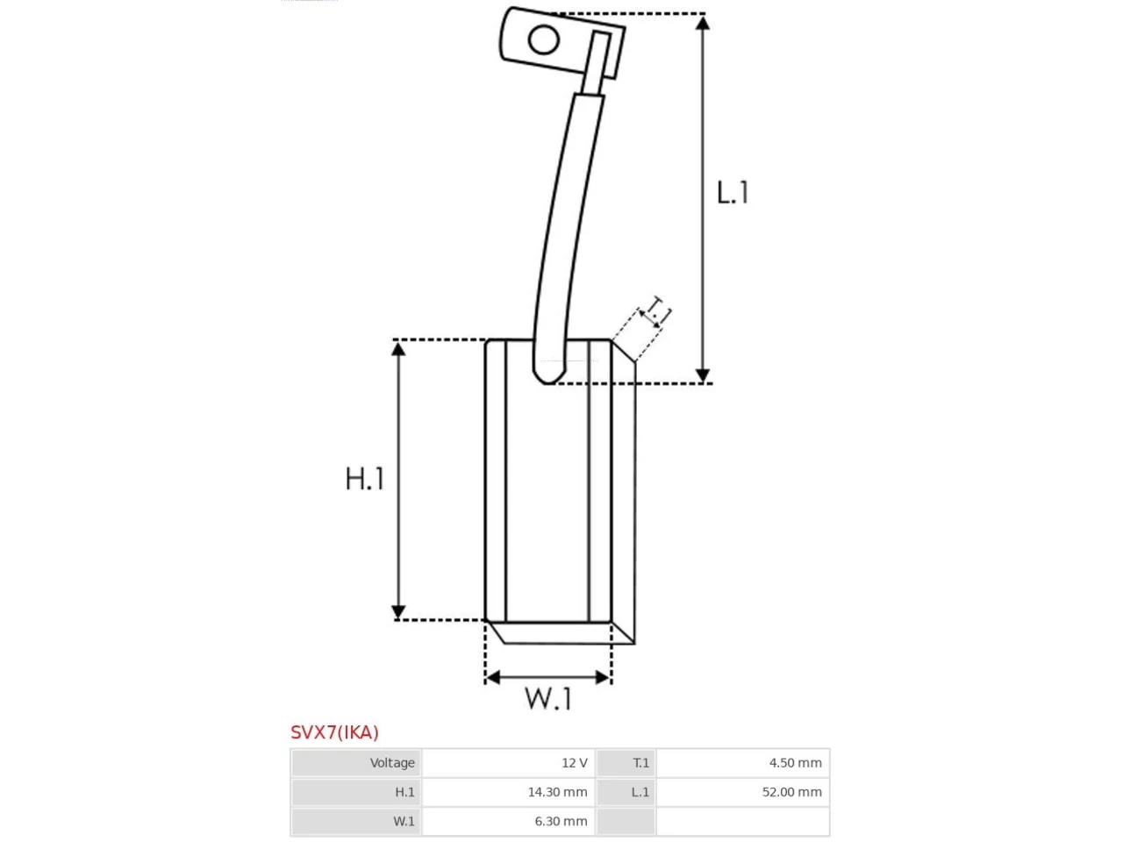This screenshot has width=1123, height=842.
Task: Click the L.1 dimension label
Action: pyautogui.click(x=732, y=193)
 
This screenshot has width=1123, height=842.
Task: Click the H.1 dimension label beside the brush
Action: pyautogui.click(x=364, y=479)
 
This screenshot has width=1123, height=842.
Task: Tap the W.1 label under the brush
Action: pyautogui.click(x=547, y=698)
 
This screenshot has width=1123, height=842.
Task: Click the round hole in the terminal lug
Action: pyautogui.click(x=543, y=39)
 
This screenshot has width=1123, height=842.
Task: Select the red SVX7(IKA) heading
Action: pyautogui.click(x=334, y=732)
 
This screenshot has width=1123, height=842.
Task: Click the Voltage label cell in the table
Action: pyautogui.click(x=356, y=763)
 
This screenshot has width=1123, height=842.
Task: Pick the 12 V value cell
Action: pyautogui.click(x=509, y=763)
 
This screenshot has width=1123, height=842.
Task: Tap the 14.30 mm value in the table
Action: pyautogui.click(x=558, y=792)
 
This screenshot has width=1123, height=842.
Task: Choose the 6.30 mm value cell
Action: pyautogui.click(x=509, y=821)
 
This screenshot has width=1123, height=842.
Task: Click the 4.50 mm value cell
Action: pyautogui.click(x=743, y=763)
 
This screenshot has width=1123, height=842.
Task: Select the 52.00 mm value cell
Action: pyautogui.click(x=743, y=792)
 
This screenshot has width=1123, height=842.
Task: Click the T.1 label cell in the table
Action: pyautogui.click(x=626, y=763)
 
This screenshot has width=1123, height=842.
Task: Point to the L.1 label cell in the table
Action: pyautogui.click(x=626, y=792)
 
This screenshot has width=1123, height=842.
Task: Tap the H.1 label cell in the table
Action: pyautogui.click(x=356, y=792)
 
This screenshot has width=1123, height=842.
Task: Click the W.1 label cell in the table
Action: pyautogui.click(x=356, y=821)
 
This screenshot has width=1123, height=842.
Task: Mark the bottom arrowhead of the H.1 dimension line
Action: pyautogui.click(x=398, y=612)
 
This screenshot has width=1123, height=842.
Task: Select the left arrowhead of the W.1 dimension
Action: pyautogui.click(x=491, y=678)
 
